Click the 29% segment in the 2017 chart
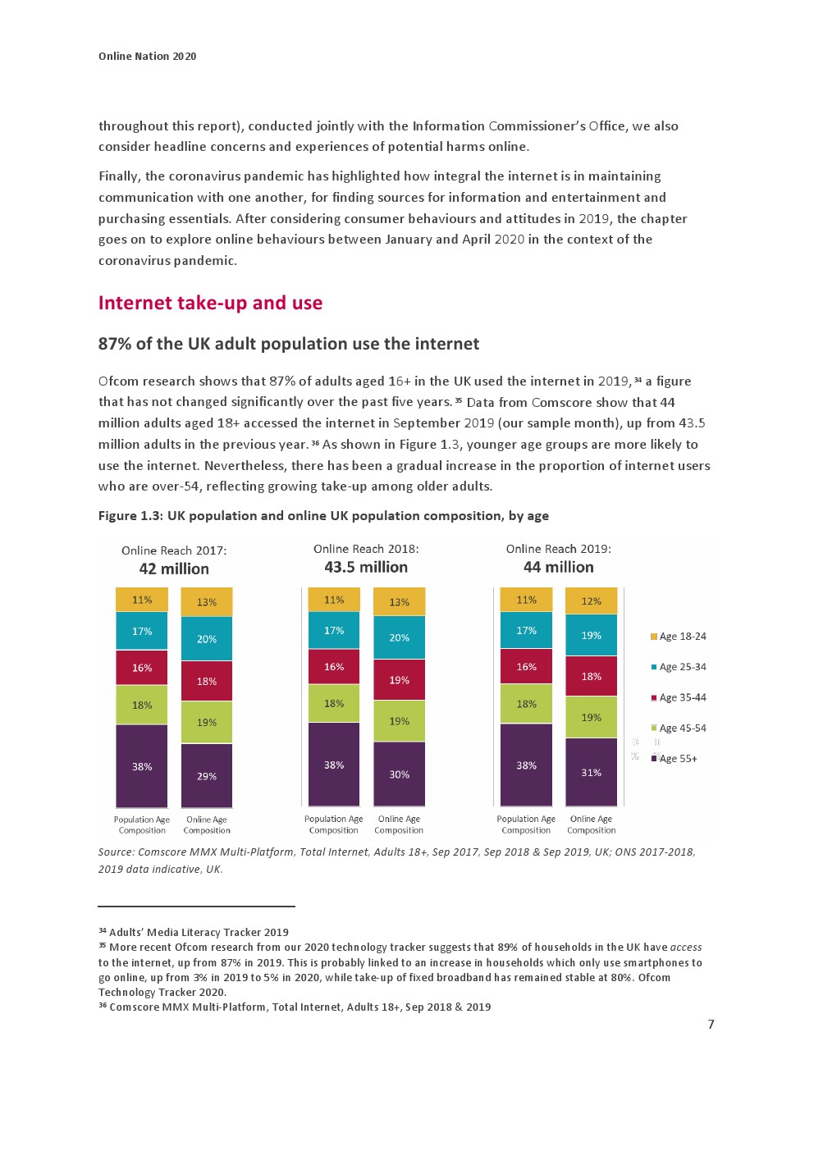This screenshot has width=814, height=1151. tap(207, 775)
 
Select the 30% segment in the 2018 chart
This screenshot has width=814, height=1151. tap(399, 774)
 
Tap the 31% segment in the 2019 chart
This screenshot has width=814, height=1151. tap(591, 772)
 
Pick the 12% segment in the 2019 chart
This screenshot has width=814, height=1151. tap(591, 601)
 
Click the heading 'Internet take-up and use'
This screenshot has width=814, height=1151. tap(210, 303)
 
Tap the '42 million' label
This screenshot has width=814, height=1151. tap(174, 569)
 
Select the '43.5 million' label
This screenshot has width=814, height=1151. tap(366, 567)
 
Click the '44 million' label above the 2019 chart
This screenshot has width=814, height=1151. tap(558, 567)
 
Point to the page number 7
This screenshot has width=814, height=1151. tap(711, 1024)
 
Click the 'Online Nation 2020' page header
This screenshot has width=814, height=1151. tap(148, 56)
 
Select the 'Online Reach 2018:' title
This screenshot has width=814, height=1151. tap(366, 549)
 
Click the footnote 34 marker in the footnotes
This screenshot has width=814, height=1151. tap(103, 930)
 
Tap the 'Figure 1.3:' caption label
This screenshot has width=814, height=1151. tap(130, 515)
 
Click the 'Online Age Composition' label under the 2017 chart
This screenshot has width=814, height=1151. tap(207, 824)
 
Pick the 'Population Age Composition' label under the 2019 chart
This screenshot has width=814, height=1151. tap(526, 824)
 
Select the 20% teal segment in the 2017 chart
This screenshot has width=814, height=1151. tap(207, 638)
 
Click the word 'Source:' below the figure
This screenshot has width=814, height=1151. tap(117, 852)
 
